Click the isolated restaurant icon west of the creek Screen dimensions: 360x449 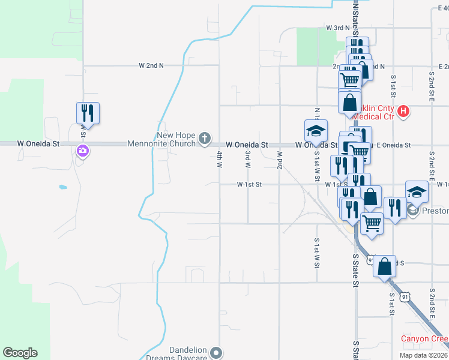click(x=88, y=113)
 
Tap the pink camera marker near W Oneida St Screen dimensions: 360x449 click(x=83, y=152)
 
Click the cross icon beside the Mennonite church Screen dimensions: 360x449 click(x=204, y=139)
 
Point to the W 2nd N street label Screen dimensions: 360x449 click(x=151, y=65)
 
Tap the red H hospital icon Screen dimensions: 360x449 click(x=403, y=111)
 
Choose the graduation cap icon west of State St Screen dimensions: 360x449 click(x=316, y=131)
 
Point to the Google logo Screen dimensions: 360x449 click(x=20, y=353)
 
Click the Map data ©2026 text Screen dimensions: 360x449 click(x=423, y=355)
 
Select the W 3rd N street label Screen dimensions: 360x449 click(x=337, y=28)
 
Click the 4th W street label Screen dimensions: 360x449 click(x=220, y=159)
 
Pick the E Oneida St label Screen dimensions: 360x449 click(x=393, y=145)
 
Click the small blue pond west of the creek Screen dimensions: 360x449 click(x=63, y=187)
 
